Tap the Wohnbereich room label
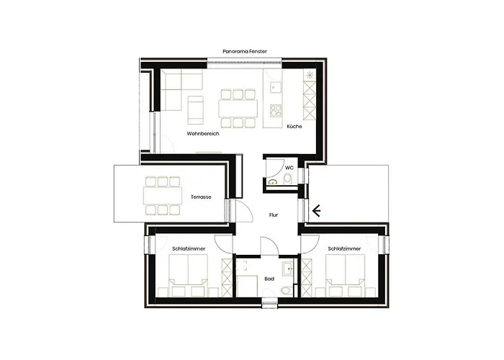click(202, 134)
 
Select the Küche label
click(294, 127)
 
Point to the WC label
click(289, 167)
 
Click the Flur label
click(274, 215)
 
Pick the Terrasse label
click(201, 197)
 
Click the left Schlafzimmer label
click(189, 248)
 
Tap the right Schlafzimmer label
click(344, 248)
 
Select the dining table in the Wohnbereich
click(238, 109)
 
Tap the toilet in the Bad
click(286, 290)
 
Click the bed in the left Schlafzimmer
click(189, 276)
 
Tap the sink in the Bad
click(288, 268)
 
